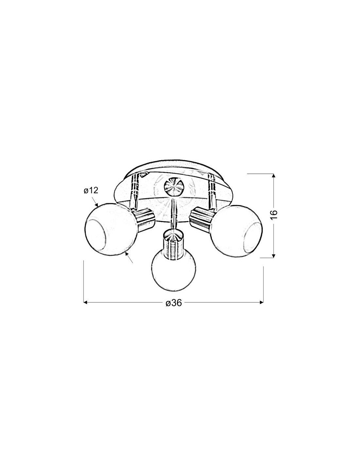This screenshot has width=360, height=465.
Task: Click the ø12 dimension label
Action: point(91,190)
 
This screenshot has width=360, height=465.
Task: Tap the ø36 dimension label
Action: point(173,303)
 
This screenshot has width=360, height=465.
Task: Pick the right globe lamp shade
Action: point(236,230)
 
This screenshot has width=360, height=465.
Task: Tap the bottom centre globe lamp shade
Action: point(173,271)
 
